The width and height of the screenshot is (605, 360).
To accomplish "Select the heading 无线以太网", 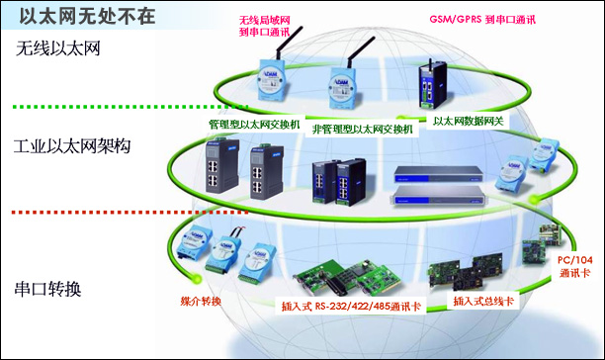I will pyautogui.click(x=59, y=47).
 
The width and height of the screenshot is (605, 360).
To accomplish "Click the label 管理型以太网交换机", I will pyautogui.click(x=246, y=126).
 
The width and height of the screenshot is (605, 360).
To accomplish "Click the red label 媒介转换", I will pyautogui.click(x=201, y=301).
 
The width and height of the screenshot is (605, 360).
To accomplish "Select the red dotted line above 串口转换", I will pyautogui.click(x=79, y=213).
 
